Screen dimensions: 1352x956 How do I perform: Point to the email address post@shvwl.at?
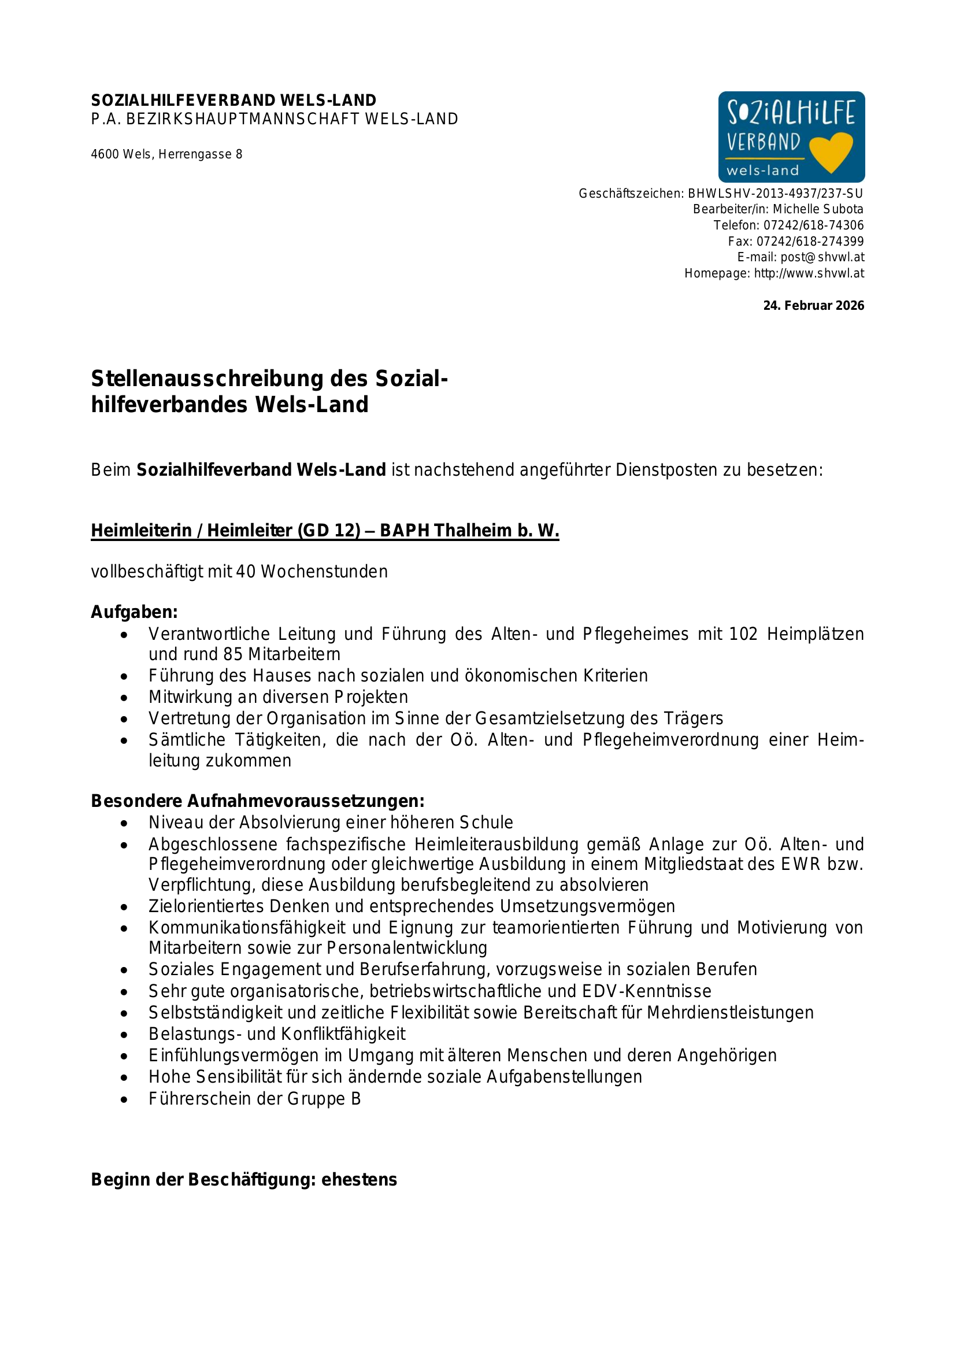click(x=822, y=257)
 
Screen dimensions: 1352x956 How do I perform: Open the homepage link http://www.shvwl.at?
click(x=809, y=273)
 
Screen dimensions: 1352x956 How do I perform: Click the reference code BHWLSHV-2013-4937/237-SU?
click(x=775, y=193)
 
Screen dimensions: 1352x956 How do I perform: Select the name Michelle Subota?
click(x=818, y=209)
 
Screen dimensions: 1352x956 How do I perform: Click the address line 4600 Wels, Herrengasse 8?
click(x=166, y=154)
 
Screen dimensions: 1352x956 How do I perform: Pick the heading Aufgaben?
click(x=134, y=612)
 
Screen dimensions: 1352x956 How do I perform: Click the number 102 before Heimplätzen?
click(x=743, y=634)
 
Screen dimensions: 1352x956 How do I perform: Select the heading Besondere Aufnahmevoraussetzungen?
click(x=257, y=801)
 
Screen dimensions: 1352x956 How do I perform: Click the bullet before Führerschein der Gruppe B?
click(x=124, y=1099)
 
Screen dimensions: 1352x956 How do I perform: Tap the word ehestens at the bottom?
click(x=359, y=1180)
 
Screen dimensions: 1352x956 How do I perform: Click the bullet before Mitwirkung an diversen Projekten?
click(x=124, y=698)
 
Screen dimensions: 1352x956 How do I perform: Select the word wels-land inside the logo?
click(x=762, y=171)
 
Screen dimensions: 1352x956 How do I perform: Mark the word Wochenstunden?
click(x=324, y=572)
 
